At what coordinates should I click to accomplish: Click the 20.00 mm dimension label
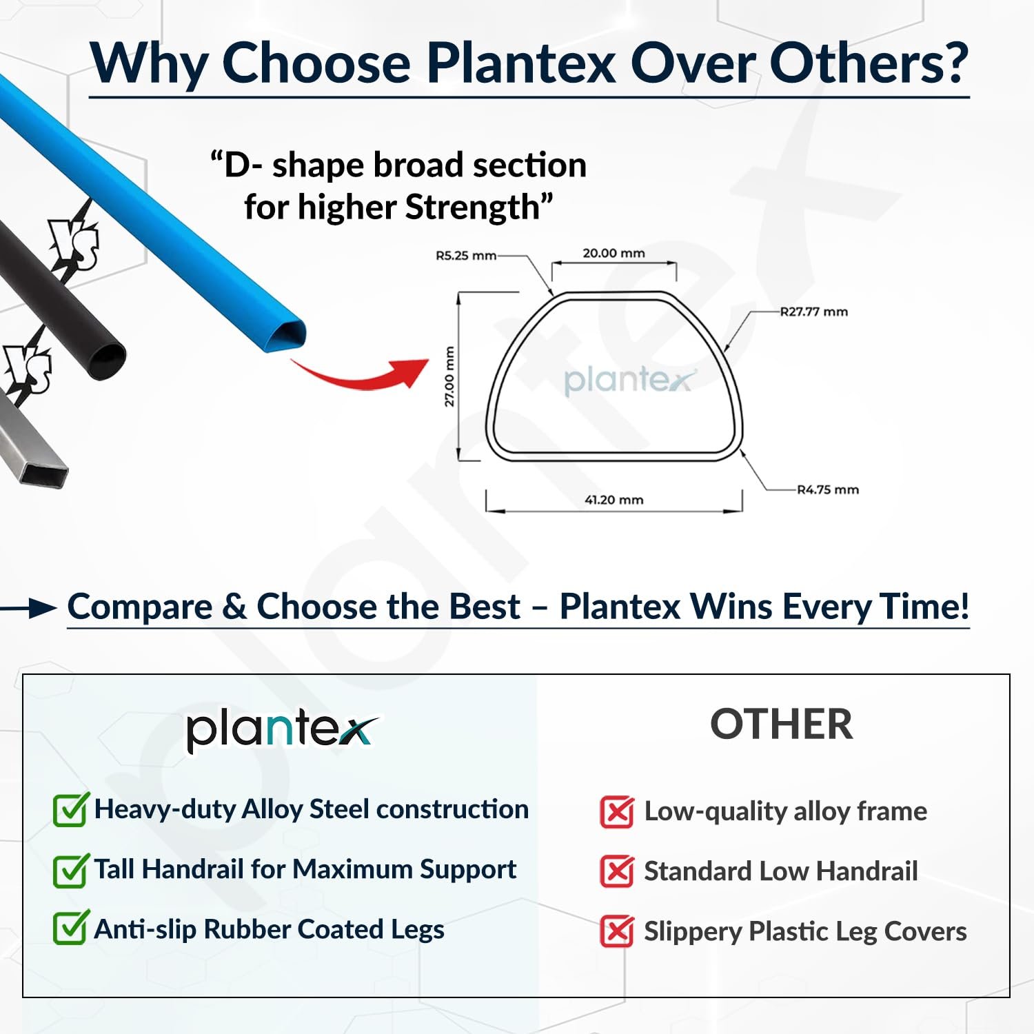[x=614, y=253]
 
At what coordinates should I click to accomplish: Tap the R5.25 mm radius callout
[x=466, y=256]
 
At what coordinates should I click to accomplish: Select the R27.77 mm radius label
[x=814, y=312]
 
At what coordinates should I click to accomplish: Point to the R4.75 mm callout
[x=828, y=489]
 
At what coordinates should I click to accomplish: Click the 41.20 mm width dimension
[x=614, y=500]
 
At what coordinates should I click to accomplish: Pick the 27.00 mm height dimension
[x=449, y=376]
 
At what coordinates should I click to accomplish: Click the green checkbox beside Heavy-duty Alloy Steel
[x=71, y=809]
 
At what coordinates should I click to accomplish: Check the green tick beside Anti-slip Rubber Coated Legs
[x=71, y=928]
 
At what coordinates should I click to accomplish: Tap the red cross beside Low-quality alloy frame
[x=617, y=812]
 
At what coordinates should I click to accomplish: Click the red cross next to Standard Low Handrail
[x=617, y=871]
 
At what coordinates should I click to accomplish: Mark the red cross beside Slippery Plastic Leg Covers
[x=617, y=931]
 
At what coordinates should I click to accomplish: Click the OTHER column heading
[x=782, y=724]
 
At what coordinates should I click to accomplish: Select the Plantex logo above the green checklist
[x=282, y=731]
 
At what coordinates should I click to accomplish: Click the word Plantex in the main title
[x=520, y=63]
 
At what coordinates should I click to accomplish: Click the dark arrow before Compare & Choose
[x=28, y=608]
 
